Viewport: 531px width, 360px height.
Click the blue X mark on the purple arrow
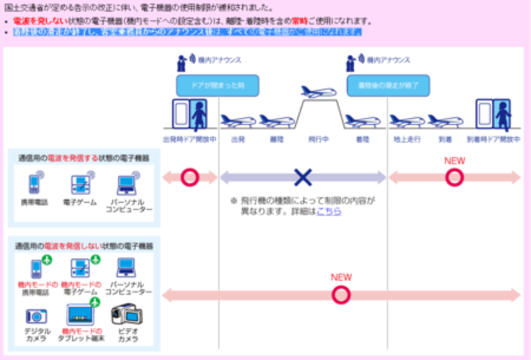pyautogui.click(x=303, y=177)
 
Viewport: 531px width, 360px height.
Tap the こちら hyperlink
pyautogui.click(x=329, y=212)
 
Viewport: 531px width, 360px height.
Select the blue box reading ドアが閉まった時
pyautogui.click(x=217, y=85)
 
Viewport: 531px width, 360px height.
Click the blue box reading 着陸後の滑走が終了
pyautogui.click(x=388, y=85)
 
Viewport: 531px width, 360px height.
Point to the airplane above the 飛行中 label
pyautogui.click(x=319, y=92)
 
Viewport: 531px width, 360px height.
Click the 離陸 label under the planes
pyautogui.click(x=277, y=139)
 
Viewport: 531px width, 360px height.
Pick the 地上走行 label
pyautogui.click(x=404, y=139)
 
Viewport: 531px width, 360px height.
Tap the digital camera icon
pyautogui.click(x=36, y=316)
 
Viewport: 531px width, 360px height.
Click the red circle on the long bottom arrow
pyautogui.click(x=341, y=295)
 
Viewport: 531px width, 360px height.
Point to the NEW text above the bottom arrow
pyautogui.click(x=341, y=277)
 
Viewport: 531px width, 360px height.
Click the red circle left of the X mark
pyautogui.click(x=190, y=177)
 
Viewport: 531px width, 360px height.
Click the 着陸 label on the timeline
pyautogui.click(x=362, y=139)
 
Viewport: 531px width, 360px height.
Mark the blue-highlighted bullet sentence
pyautogui.click(x=187, y=32)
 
